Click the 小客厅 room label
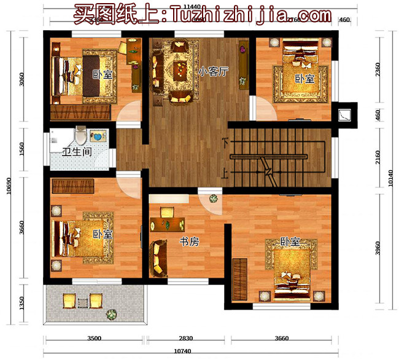click(x=213, y=72)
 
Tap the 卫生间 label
click(x=77, y=151)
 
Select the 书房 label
click(x=189, y=242)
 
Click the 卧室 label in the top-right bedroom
click(x=304, y=79)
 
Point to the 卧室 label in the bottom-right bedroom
click(x=290, y=242)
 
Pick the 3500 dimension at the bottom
click(x=94, y=338)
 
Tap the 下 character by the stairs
click(x=225, y=142)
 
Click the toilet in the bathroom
click(x=80, y=135)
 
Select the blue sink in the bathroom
click(x=97, y=135)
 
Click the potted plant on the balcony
click(x=111, y=315)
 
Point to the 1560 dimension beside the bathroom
click(x=23, y=150)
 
